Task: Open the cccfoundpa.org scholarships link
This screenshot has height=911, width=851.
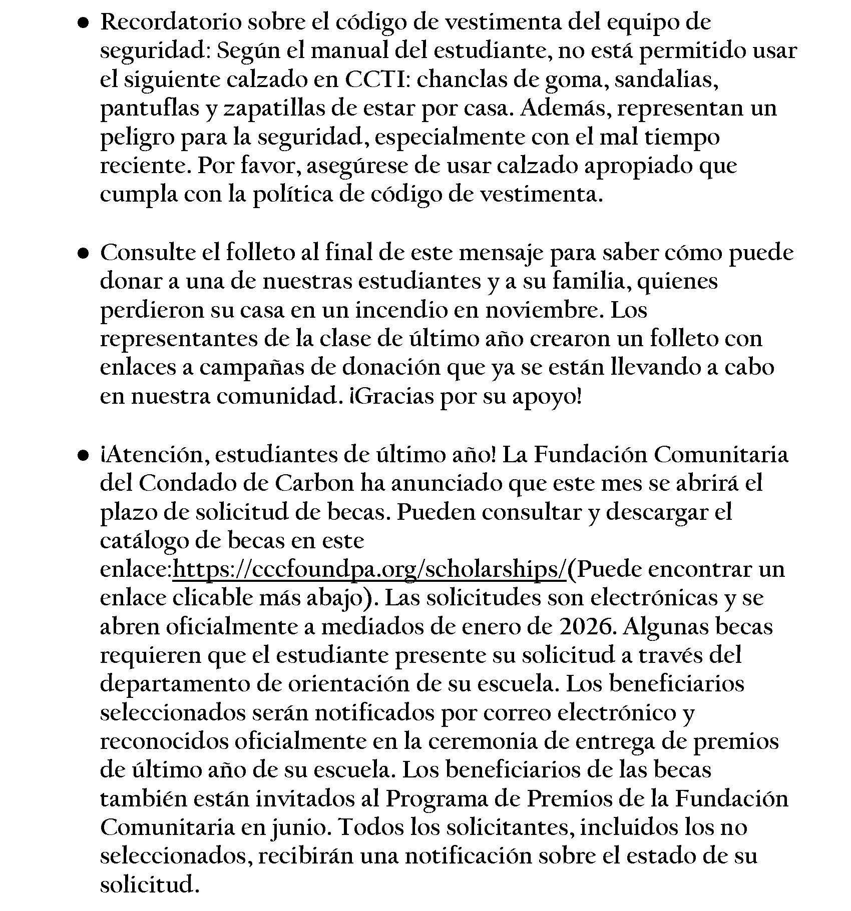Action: point(369,570)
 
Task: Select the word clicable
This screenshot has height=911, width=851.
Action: point(225,598)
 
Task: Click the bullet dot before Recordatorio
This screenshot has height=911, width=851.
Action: point(83,23)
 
